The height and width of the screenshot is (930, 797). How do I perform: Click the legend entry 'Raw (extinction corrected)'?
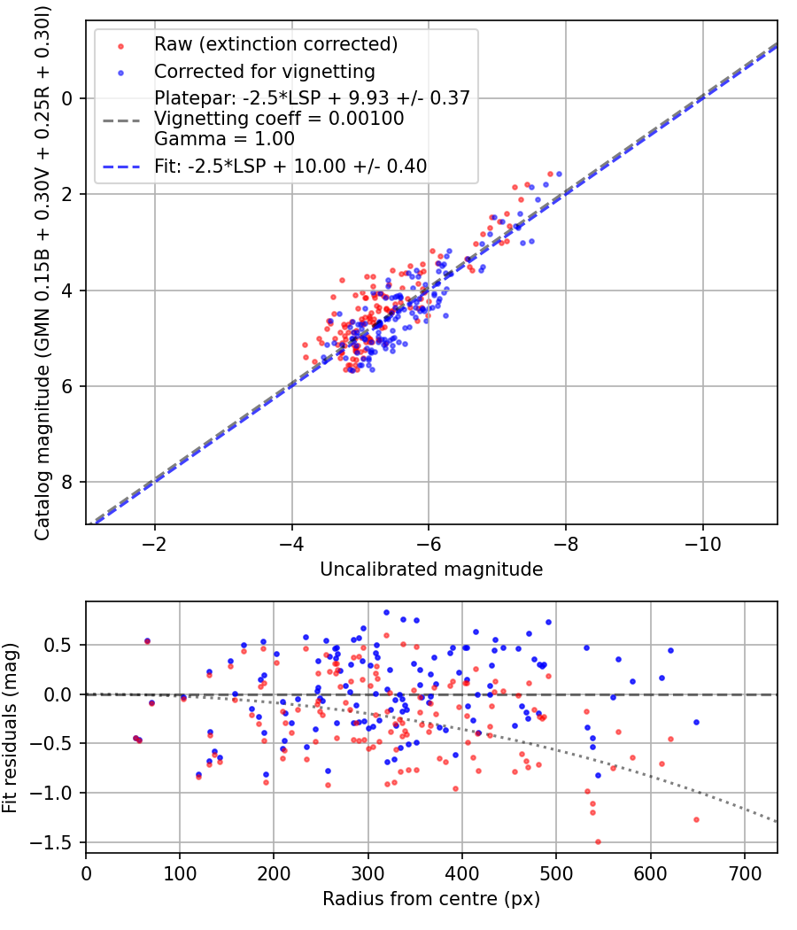click(275, 44)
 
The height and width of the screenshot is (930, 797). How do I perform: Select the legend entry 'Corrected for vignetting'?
click(264, 71)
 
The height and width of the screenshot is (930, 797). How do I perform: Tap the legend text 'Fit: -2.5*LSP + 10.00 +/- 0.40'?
click(290, 166)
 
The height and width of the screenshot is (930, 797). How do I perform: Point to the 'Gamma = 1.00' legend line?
click(224, 139)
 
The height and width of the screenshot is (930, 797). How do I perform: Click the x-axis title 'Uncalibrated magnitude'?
click(431, 570)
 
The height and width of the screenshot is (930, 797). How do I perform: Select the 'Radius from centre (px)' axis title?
click(431, 899)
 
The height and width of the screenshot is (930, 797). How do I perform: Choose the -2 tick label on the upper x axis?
click(155, 541)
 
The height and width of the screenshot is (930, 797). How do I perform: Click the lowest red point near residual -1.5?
click(598, 841)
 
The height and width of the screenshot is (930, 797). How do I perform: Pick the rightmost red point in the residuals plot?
click(696, 819)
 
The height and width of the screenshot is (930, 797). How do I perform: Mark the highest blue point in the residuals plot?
click(386, 612)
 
